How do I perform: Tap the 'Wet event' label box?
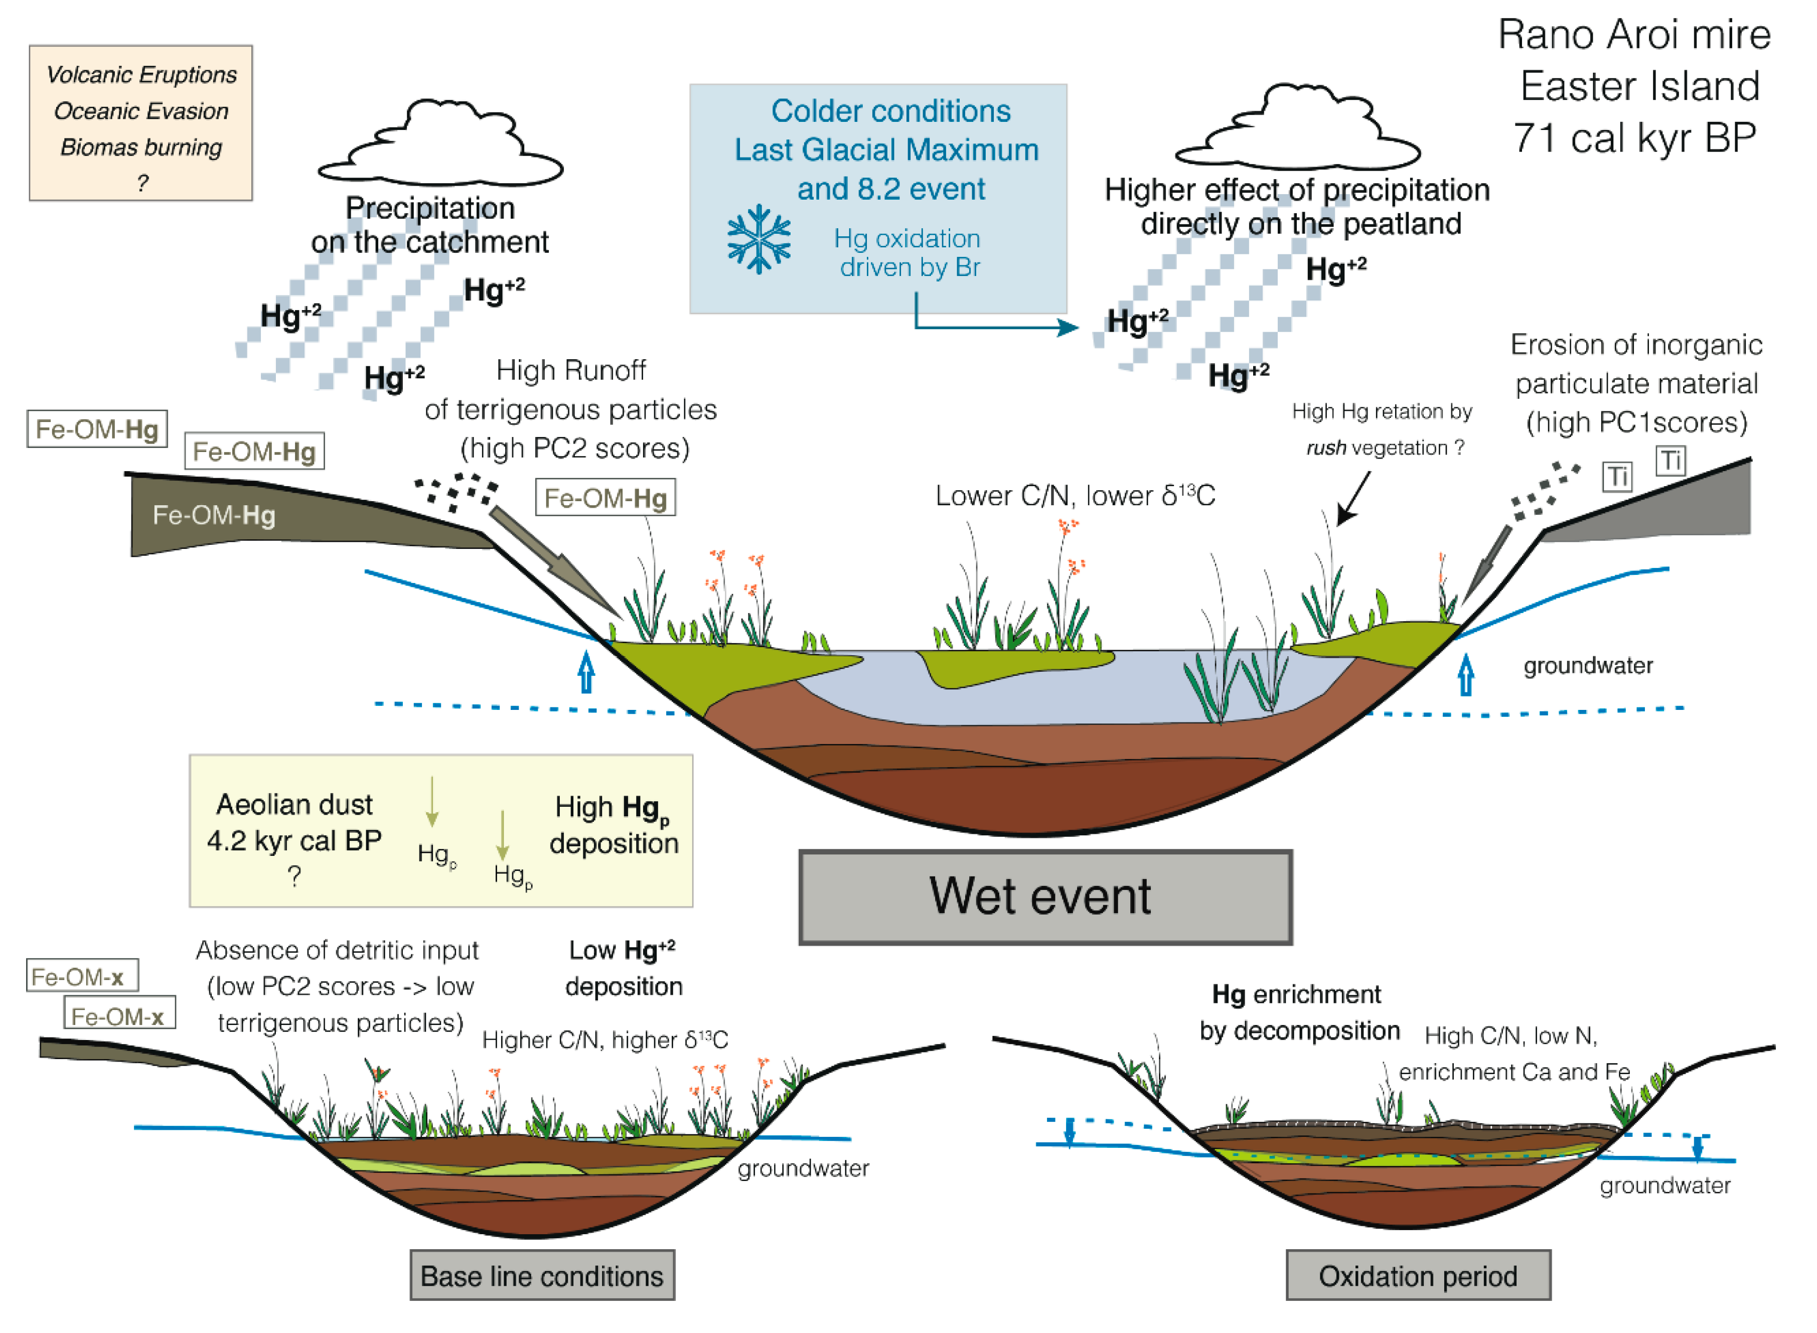tap(1045, 897)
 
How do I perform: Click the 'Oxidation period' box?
tap(1418, 1276)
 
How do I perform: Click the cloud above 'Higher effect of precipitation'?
tap(1297, 131)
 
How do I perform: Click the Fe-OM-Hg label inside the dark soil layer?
tap(214, 515)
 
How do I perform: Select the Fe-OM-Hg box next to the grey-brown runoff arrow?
tap(605, 498)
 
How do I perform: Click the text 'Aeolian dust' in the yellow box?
tap(294, 805)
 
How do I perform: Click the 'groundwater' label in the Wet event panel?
tap(1587, 666)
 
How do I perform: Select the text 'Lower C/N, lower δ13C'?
tap(1075, 496)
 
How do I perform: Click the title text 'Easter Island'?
tap(1639, 86)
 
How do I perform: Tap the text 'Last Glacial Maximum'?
tap(886, 150)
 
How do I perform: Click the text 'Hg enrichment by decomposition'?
tap(1298, 1012)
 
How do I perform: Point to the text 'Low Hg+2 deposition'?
tap(623, 968)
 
